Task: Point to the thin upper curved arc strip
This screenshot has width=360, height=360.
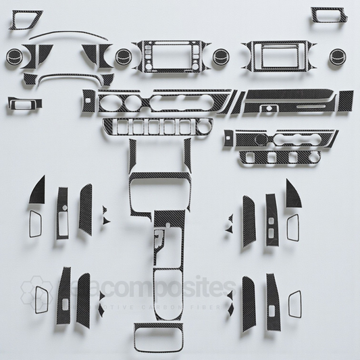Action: (61, 34)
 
